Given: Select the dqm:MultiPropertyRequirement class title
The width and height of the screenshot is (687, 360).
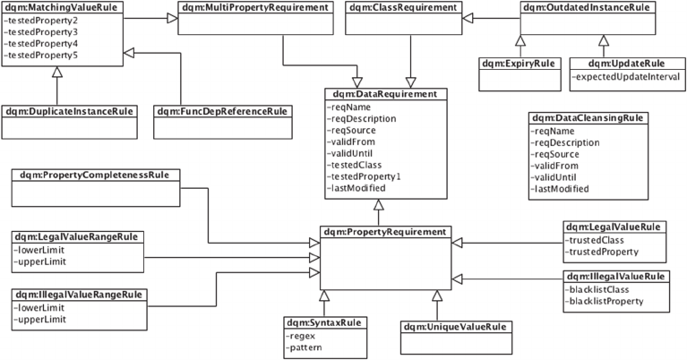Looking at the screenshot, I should pyautogui.click(x=242, y=6).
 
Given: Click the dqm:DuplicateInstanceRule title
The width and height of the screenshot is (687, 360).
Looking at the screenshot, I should pyautogui.click(x=69, y=112).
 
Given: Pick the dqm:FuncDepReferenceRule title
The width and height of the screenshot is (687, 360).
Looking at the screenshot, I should pyautogui.click(x=221, y=112).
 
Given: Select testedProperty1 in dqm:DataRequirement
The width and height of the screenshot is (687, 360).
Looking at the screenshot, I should pyautogui.click(x=366, y=176).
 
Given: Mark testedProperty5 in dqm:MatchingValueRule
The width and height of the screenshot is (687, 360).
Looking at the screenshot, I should pyautogui.click(x=41, y=56).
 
